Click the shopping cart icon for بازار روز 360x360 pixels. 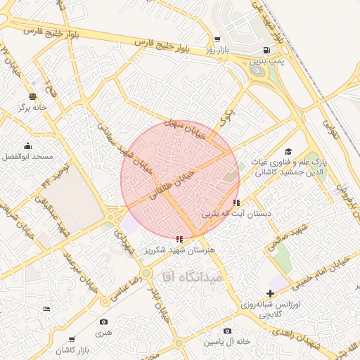coord(217,39)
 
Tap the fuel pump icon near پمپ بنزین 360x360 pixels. coord(266,50)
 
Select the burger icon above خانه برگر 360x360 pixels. coord(32,96)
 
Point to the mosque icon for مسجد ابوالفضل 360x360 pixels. coord(27,146)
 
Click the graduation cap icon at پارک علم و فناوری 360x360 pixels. coord(288,152)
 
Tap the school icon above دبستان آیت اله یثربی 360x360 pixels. coord(236,202)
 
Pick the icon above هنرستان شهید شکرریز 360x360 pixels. coord(181,239)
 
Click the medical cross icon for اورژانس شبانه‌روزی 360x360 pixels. coord(270,292)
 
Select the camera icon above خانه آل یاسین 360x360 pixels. coord(226,330)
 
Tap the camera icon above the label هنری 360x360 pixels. coord(104,321)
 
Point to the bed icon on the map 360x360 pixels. coord(47,309)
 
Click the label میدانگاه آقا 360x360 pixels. coord(192,276)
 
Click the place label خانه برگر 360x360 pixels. coord(33,108)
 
